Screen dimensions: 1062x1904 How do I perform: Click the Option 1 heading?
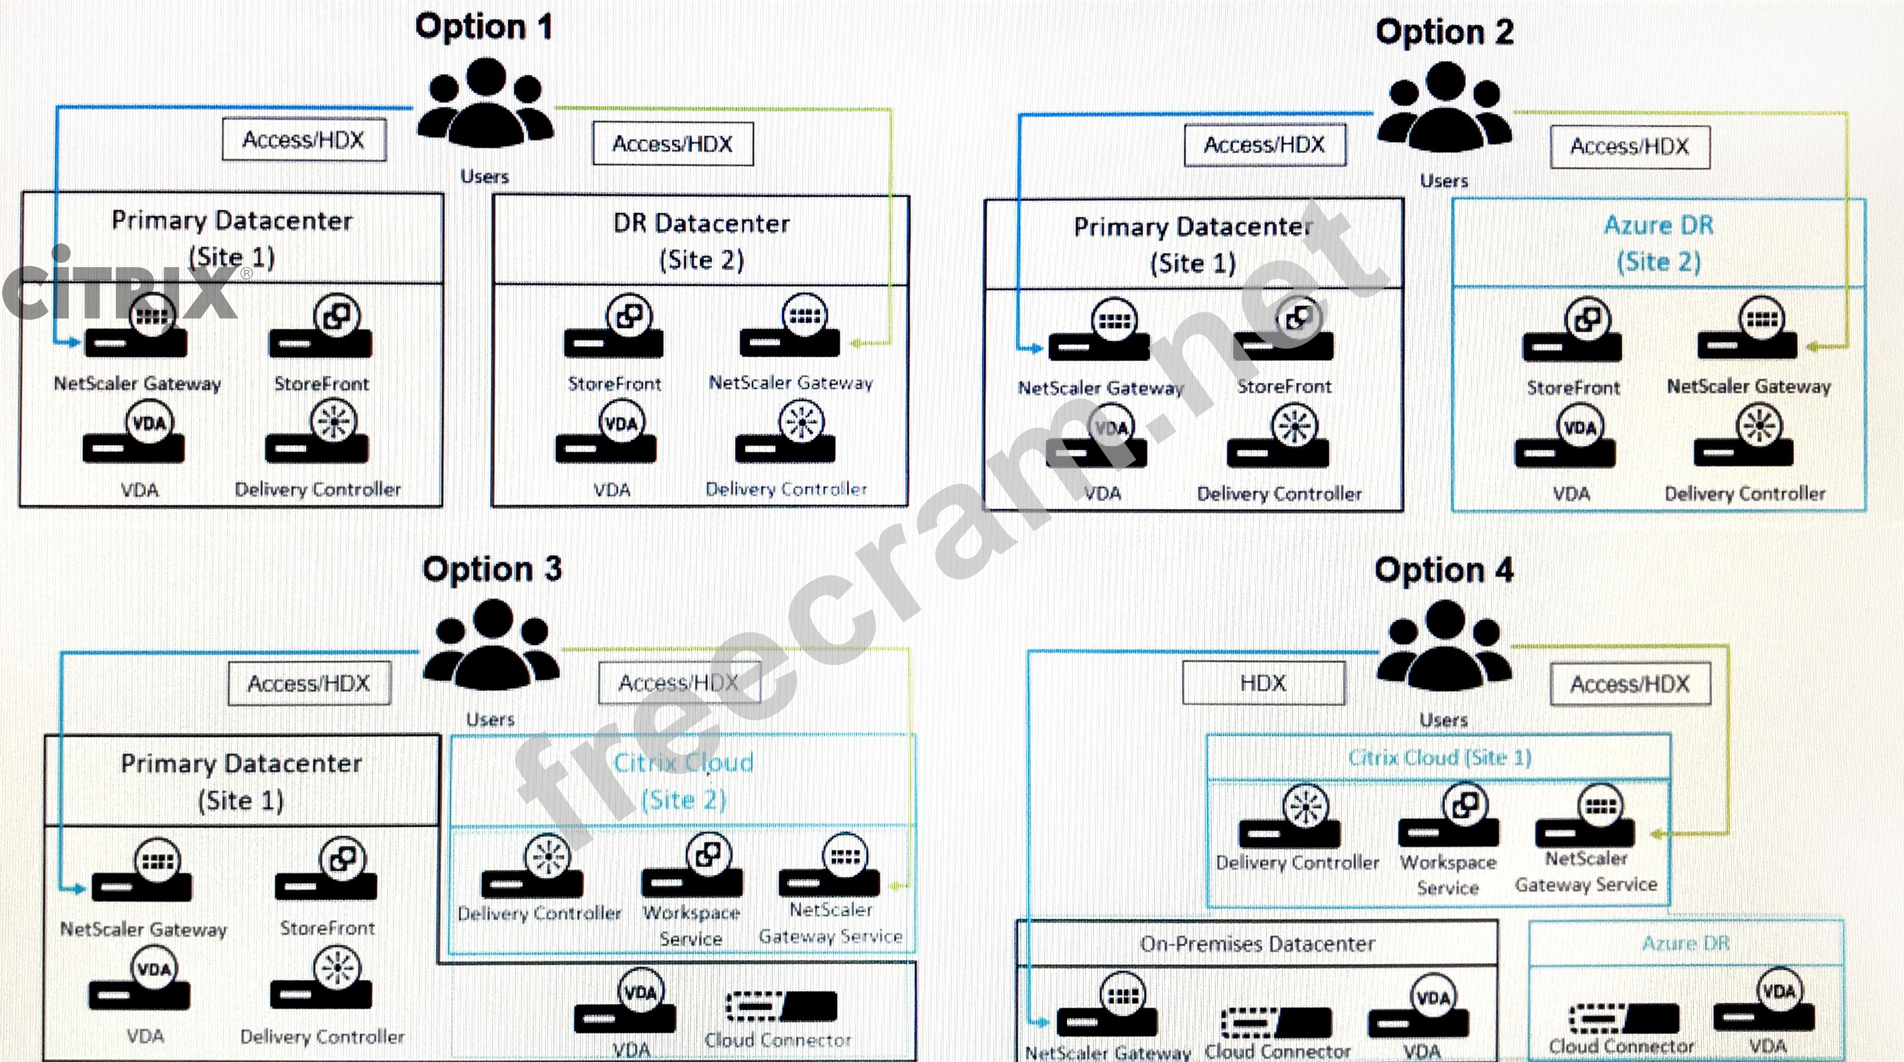[483, 27]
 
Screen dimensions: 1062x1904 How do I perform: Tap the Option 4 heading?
[1444, 571]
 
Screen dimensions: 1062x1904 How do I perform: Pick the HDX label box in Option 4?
[1263, 683]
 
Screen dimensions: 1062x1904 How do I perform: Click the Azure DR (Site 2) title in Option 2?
[1659, 243]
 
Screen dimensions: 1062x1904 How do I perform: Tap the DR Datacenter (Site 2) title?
[701, 241]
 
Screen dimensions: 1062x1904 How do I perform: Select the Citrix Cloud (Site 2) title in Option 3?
[684, 780]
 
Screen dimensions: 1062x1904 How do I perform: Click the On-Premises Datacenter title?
[1257, 944]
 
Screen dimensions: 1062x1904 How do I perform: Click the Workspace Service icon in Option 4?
[1449, 820]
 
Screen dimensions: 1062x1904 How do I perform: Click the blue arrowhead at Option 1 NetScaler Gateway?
[73, 342]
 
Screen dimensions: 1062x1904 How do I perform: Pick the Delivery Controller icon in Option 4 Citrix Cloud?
[1291, 820]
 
